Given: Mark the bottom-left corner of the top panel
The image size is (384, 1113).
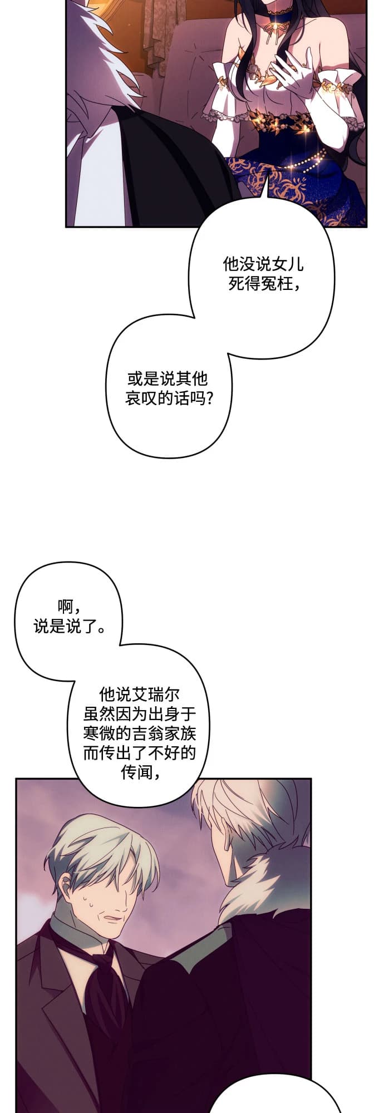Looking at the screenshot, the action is coord(66,226).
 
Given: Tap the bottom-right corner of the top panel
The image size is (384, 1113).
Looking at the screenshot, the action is coord(366,226).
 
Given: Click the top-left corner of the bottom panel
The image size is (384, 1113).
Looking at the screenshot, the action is coord(16,779).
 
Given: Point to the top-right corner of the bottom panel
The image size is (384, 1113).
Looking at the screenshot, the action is coord(311,779).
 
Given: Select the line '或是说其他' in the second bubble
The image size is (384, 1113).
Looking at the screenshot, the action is coord(168,379).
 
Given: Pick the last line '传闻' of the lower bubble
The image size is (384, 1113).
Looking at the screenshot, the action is coord(136,772).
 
